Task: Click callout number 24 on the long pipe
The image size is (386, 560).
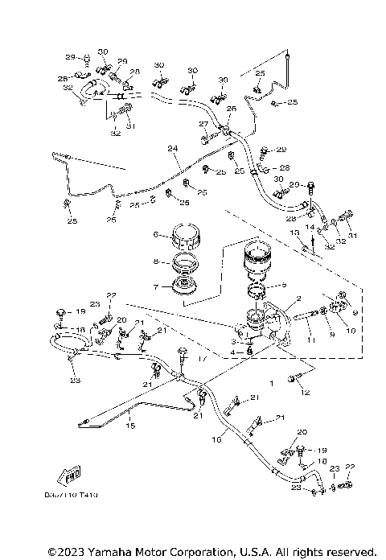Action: (x=170, y=148)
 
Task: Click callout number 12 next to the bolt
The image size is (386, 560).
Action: (x=304, y=392)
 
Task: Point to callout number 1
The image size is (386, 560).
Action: (x=271, y=385)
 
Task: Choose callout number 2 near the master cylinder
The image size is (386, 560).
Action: (x=299, y=298)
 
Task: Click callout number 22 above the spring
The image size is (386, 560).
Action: (x=112, y=295)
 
